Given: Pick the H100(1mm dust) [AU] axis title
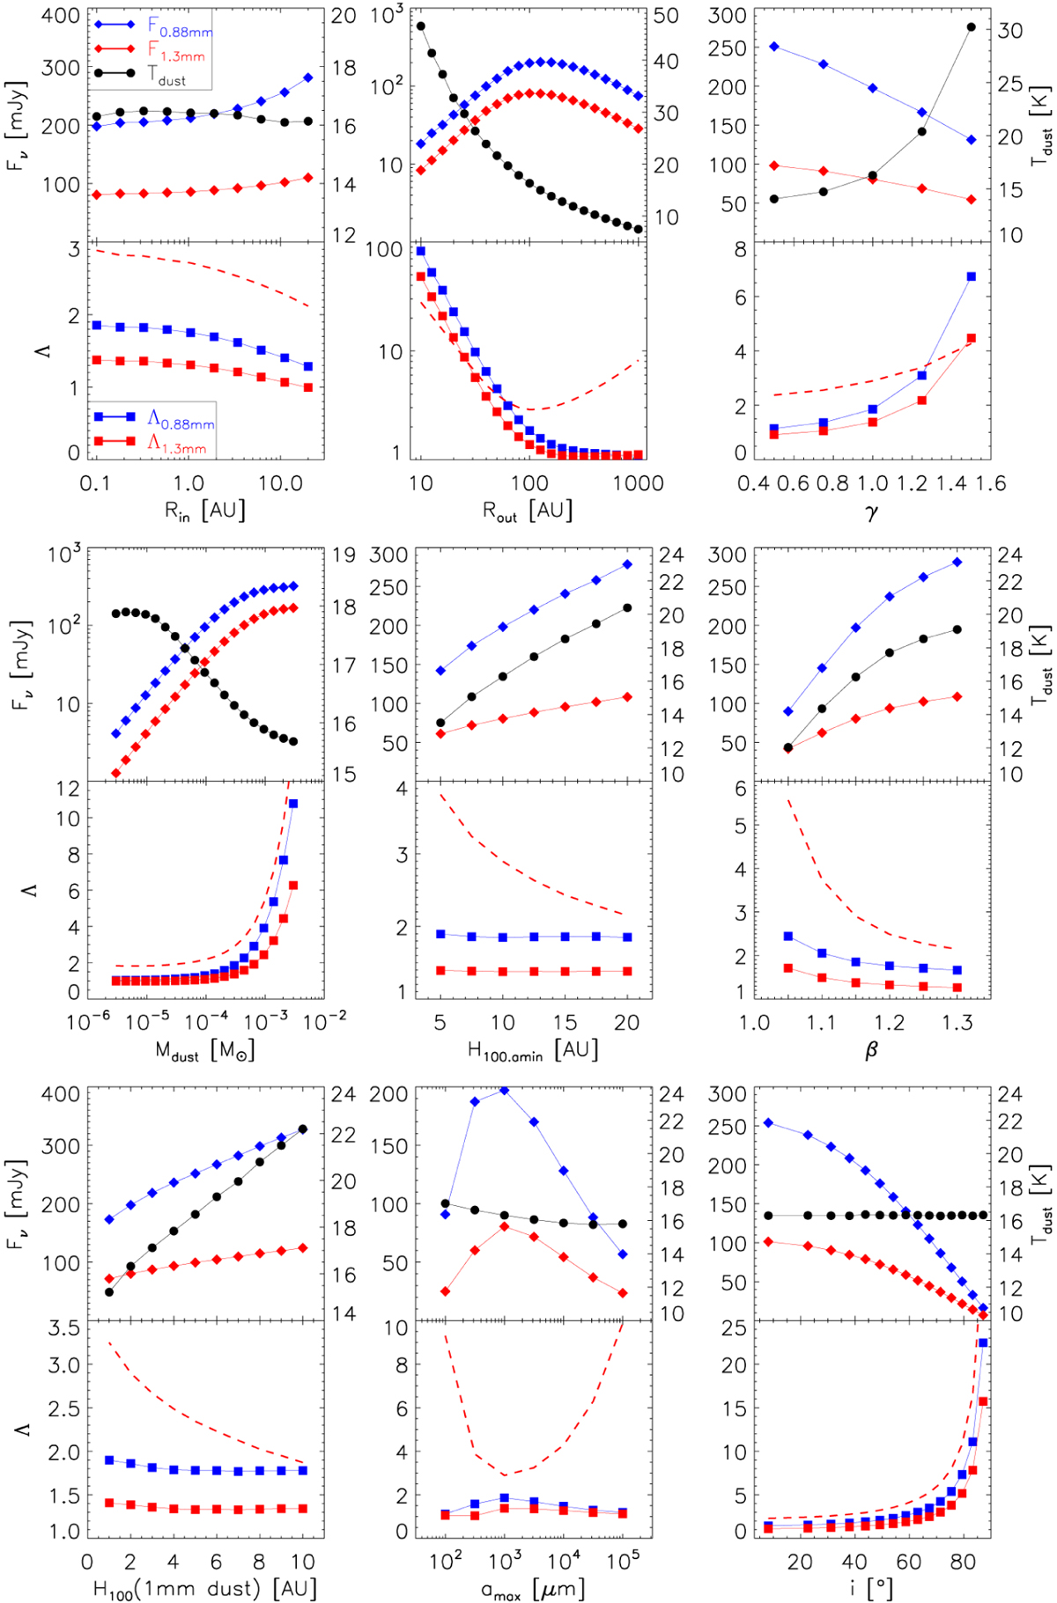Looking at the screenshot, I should (204, 1589).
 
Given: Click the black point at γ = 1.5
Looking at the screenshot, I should (972, 27).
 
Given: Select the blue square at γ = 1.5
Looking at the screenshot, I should (972, 276).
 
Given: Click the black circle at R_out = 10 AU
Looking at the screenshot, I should (421, 26).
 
